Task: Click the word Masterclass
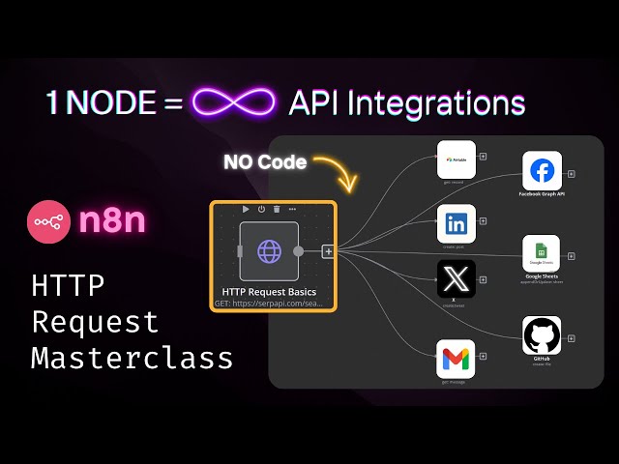click(132, 358)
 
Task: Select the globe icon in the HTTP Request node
click(268, 251)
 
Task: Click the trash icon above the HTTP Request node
click(277, 208)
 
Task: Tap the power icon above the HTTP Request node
click(261, 208)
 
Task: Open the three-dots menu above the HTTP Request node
click(292, 208)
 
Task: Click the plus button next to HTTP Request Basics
click(328, 251)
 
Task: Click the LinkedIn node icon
click(457, 224)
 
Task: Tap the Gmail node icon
click(457, 359)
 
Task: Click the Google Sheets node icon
click(541, 254)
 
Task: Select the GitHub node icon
click(541, 335)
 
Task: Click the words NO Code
click(265, 162)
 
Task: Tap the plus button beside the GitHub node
click(571, 338)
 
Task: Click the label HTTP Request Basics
click(268, 292)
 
